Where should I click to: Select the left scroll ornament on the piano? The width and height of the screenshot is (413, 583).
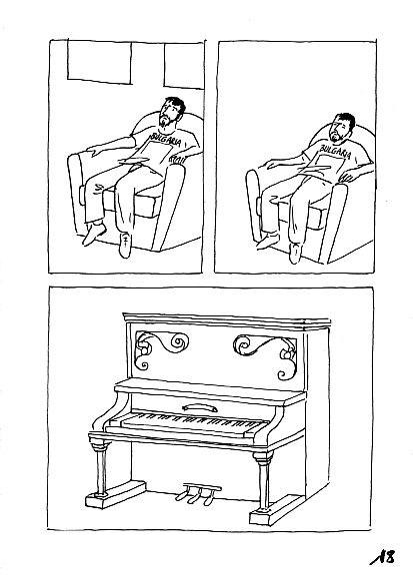[160, 348]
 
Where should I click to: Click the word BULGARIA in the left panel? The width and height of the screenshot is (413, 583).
[162, 140]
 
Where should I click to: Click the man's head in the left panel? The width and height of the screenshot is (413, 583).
[172, 111]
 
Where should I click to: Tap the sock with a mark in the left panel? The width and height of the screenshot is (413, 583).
[125, 244]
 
